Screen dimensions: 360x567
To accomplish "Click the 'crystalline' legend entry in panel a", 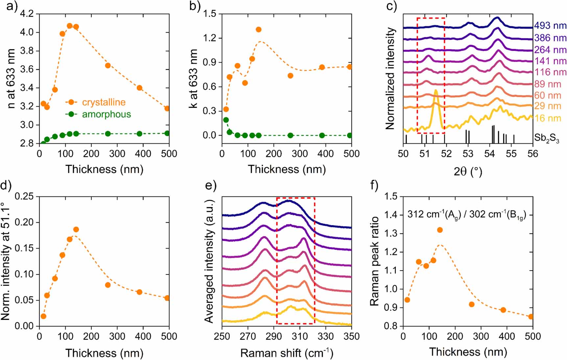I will coord(104,102).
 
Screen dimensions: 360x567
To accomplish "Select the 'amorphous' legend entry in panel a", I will coord(106,114).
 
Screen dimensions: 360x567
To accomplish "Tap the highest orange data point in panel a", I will coord(70,26).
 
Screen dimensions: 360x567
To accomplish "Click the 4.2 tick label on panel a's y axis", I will coord(27,14).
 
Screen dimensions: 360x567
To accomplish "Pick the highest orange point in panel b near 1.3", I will coord(259,30).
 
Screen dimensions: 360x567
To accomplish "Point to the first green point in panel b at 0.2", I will coord(226,120).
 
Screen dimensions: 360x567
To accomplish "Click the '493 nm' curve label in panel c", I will coord(550,26).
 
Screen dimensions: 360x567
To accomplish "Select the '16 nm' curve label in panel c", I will coord(548,118).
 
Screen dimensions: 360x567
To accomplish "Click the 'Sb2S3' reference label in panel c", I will coord(546,138).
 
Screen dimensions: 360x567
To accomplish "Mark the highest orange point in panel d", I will coord(76,229).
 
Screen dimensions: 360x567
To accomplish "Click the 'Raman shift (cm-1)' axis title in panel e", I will coord(287,353).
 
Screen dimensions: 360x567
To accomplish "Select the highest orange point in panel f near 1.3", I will coord(440,230).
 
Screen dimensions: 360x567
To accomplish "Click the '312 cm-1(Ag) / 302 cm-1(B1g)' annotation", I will coord(467,215).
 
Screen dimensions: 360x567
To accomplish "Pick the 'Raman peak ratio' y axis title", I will coord(375,261).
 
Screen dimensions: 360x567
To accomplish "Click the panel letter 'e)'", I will coord(210,186).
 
